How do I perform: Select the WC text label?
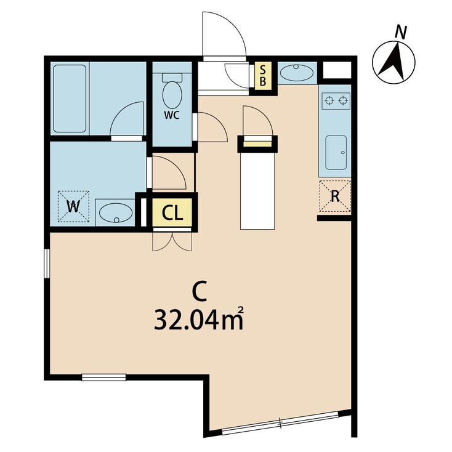coord(172,116)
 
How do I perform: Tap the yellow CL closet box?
coord(172,212)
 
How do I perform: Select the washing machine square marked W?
coord(73,206)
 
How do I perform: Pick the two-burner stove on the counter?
coord(335,99)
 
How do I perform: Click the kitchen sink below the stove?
coord(335,152)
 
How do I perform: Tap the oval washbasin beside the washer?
coord(115,213)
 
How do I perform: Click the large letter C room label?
coord(198,289)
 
